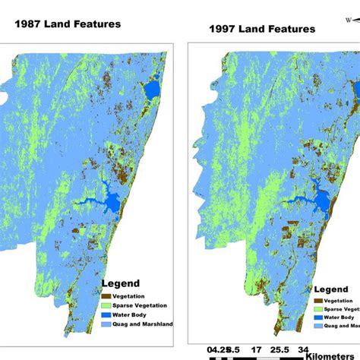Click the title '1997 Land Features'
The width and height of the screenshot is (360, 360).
tap(262, 30)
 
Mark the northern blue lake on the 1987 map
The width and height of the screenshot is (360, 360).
tap(152, 91)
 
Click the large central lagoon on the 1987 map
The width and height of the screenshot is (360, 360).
tap(112, 202)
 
